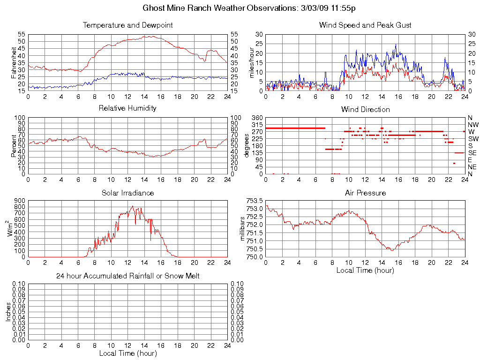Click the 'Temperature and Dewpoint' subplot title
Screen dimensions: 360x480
coord(127,25)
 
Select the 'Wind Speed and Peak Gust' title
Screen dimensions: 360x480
coord(365,25)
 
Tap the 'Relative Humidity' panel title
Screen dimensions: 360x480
coord(127,108)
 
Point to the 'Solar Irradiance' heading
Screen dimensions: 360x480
coord(127,193)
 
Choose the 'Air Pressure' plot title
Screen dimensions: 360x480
coord(365,193)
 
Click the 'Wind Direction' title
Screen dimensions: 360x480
coord(365,109)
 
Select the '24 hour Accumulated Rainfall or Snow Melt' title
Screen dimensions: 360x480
coord(127,276)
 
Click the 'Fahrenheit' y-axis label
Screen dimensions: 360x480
coord(14,62)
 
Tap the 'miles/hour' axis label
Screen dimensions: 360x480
coord(251,62)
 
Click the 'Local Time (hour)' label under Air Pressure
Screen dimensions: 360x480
coord(365,270)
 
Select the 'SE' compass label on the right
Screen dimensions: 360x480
coord(472,153)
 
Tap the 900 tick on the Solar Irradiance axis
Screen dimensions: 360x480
coord(19,201)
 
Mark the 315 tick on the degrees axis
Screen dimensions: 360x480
coord(256,125)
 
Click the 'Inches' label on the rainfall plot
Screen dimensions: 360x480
coord(8,312)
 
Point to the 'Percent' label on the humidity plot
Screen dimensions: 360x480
coord(14,145)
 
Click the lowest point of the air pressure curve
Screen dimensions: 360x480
coord(392,250)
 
